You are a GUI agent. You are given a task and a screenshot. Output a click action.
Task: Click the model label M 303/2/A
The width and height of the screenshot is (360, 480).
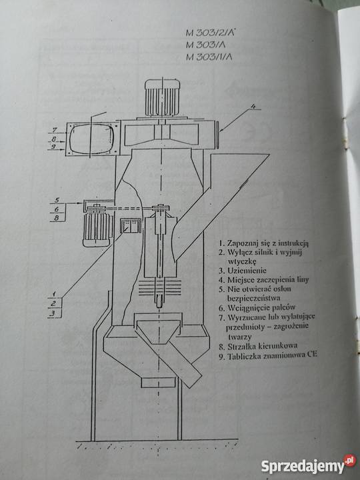pyautogui.click(x=211, y=33)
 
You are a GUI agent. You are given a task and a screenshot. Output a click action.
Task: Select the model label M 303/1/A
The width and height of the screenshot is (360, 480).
pyautogui.click(x=209, y=56)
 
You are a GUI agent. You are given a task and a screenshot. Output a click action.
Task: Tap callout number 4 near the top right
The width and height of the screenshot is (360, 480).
pyautogui.click(x=253, y=106)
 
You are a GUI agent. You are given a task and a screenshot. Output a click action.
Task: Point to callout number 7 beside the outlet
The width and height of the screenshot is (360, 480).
pyautogui.click(x=54, y=130)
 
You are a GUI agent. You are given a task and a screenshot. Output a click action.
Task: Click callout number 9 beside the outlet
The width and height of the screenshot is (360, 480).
pyautogui.click(x=53, y=147)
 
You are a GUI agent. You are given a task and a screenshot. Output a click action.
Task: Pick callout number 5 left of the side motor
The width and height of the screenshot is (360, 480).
pyautogui.click(x=56, y=200)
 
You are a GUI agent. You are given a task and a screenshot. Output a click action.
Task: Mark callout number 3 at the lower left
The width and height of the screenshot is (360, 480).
pyautogui.click(x=53, y=313)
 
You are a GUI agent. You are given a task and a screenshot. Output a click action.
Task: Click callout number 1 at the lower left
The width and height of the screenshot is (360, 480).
pyautogui.click(x=53, y=294)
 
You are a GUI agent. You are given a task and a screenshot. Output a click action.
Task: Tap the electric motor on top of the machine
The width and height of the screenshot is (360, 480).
pyautogui.click(x=162, y=97)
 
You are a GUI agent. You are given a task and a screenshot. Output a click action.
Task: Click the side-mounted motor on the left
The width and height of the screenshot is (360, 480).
pyautogui.click(x=97, y=227)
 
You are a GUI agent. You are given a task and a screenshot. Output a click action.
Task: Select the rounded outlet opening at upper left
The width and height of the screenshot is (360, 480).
pyautogui.click(x=91, y=139)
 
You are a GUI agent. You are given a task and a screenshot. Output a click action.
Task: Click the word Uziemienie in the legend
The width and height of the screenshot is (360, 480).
pyautogui.click(x=247, y=271)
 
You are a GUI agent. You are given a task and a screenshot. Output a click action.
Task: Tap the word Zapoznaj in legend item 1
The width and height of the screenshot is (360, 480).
pyautogui.click(x=241, y=243)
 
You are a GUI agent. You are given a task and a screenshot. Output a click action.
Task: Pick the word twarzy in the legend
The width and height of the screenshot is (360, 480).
pyautogui.click(x=240, y=337)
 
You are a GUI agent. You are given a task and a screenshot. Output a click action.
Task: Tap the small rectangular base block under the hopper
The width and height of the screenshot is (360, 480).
pyautogui.click(x=158, y=382)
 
